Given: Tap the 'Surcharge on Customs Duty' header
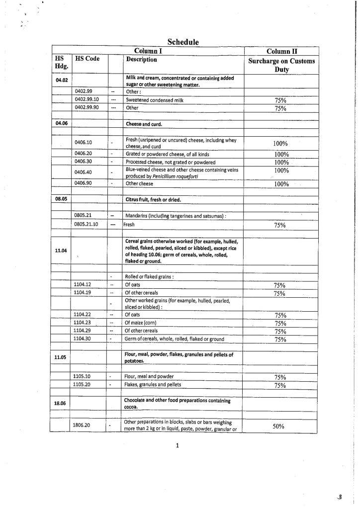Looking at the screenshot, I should [x=282, y=66].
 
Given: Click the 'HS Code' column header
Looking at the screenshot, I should [x=88, y=59].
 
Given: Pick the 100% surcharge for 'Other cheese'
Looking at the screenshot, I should [x=281, y=184].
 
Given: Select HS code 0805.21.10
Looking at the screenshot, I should [x=87, y=224].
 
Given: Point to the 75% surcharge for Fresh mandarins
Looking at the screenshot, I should [x=279, y=225].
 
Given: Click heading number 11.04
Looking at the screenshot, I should [x=61, y=251].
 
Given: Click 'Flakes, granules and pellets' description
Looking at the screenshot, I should [x=153, y=385].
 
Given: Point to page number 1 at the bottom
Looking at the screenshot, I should [x=178, y=445].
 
